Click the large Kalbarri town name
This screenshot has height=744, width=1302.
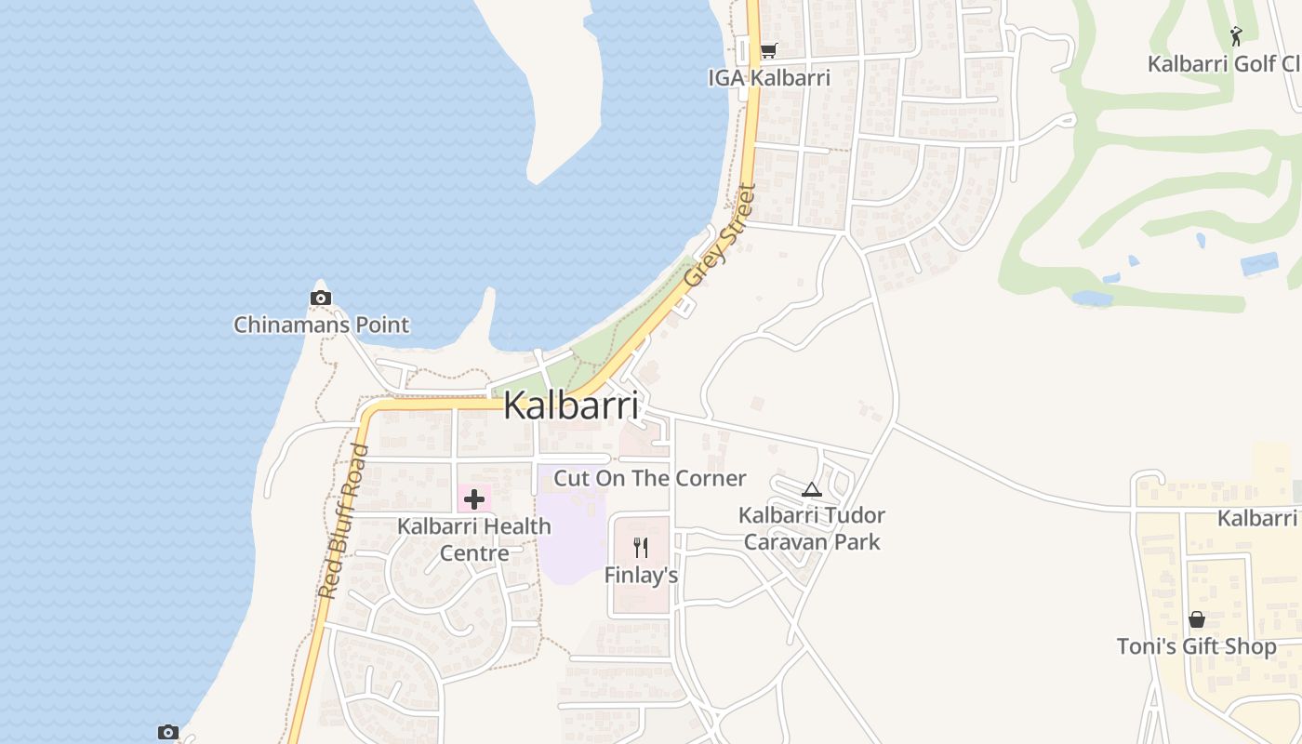tap(571, 406)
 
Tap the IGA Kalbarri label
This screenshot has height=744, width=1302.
tap(769, 77)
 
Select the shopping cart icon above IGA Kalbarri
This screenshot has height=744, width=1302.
tap(768, 50)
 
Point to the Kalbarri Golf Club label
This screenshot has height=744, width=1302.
tap(1223, 64)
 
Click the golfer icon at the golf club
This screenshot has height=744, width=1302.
tap(1236, 36)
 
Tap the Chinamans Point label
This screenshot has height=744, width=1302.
tap(321, 325)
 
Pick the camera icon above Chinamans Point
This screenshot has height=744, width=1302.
tap(320, 298)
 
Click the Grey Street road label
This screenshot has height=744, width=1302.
tap(719, 235)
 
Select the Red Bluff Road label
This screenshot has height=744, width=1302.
tap(343, 521)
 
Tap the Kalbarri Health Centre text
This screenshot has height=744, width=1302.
tap(474, 539)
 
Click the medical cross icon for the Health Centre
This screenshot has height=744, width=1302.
tap(474, 499)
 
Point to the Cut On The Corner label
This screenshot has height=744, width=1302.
tap(650, 478)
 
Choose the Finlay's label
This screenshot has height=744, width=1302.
tap(641, 576)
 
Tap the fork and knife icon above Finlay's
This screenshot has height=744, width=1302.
tap(640, 547)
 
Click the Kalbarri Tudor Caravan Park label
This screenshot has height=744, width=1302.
tap(812, 528)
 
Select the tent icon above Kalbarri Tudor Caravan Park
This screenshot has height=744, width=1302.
tap(812, 489)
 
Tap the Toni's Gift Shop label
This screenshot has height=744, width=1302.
tap(1196, 646)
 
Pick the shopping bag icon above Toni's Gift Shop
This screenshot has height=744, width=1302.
tap(1197, 618)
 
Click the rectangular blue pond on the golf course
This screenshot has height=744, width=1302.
tap(1259, 264)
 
